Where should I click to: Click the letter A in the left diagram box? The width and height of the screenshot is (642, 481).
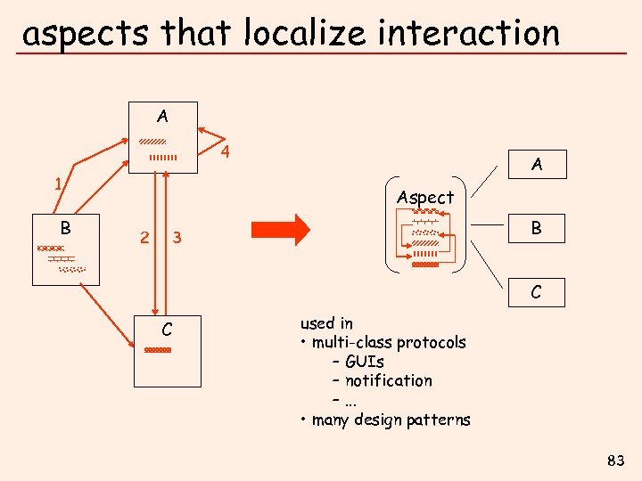tap(161, 116)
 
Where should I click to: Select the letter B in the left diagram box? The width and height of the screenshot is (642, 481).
tap(65, 227)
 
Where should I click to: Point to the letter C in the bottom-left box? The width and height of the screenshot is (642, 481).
tap(167, 330)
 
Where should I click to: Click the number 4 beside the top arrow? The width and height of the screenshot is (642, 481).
tap(226, 151)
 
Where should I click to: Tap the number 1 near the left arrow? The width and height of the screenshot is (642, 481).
tap(58, 185)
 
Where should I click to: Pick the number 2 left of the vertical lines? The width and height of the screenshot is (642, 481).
tap(144, 237)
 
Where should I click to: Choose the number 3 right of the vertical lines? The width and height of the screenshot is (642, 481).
tap(177, 237)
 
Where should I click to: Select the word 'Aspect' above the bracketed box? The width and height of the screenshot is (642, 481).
tap(425, 197)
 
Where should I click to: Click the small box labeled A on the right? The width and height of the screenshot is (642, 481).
tap(536, 165)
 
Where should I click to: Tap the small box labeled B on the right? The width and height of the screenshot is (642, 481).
tap(536, 228)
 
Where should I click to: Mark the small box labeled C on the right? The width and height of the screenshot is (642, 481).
tap(536, 292)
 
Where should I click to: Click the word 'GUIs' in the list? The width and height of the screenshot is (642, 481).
tap(365, 362)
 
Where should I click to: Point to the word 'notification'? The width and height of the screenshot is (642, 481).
tap(389, 380)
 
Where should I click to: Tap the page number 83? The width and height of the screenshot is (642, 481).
tap(615, 461)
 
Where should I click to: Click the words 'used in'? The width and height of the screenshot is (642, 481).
tap(326, 323)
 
